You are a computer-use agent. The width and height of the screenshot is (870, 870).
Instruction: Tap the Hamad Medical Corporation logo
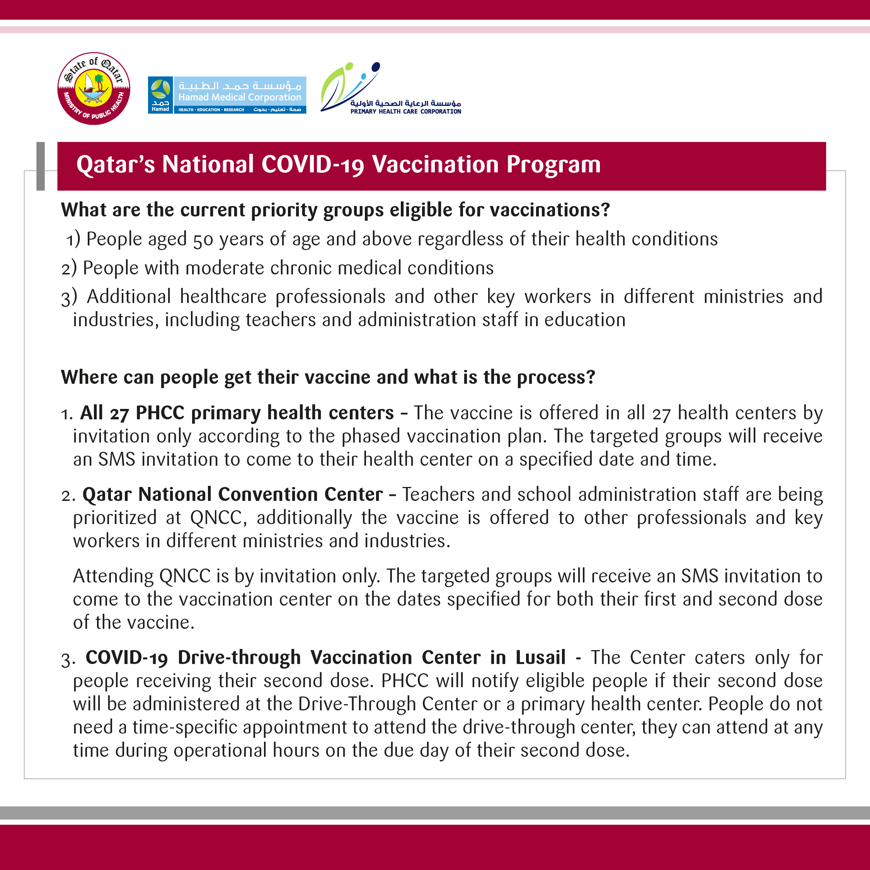227,95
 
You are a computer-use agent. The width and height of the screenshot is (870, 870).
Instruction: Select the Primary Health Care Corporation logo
390,89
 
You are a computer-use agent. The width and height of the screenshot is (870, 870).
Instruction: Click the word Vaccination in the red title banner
436,164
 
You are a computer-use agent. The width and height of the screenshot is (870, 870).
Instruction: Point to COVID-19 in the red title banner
313,164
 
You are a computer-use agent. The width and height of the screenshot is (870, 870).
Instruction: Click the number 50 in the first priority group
203,240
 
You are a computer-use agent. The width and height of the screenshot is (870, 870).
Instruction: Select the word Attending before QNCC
114,576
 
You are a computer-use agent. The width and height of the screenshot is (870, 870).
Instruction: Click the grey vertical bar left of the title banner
41,166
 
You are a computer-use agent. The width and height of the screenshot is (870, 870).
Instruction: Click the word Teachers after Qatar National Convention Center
439,494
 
